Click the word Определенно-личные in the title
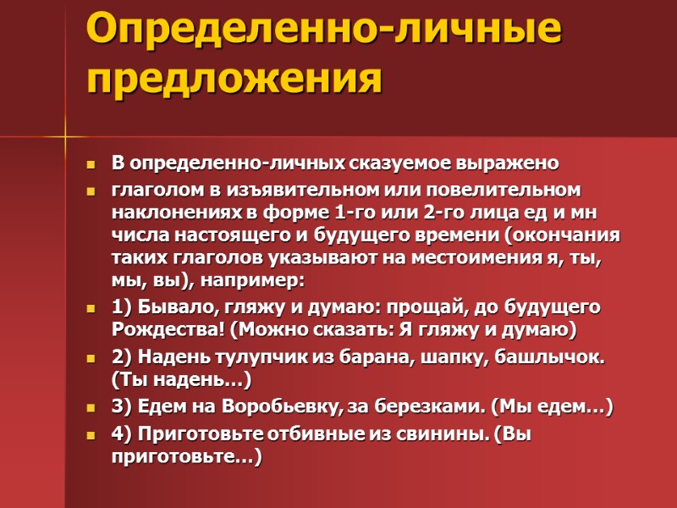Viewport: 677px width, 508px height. click(x=323, y=31)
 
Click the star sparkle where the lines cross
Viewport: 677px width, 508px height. click(x=65, y=135)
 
